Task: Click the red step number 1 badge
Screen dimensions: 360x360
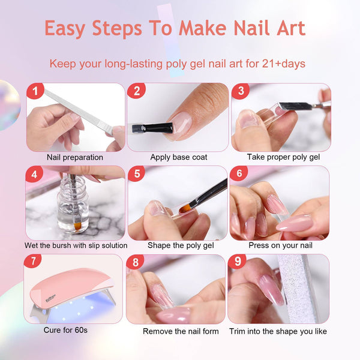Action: click(x=36, y=92)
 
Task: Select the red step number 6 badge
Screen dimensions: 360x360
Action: click(x=239, y=174)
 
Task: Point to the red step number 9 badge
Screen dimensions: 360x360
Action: click(x=239, y=262)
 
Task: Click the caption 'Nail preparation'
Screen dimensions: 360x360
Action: click(x=75, y=157)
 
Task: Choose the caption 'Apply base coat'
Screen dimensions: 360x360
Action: click(x=179, y=157)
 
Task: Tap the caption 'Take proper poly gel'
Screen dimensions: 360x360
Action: click(x=283, y=157)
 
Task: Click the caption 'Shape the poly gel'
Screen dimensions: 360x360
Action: click(x=178, y=245)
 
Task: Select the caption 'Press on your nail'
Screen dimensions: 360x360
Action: click(x=280, y=245)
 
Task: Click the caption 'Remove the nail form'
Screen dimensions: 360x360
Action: click(x=181, y=331)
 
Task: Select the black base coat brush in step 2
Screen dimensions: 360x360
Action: click(x=150, y=128)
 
